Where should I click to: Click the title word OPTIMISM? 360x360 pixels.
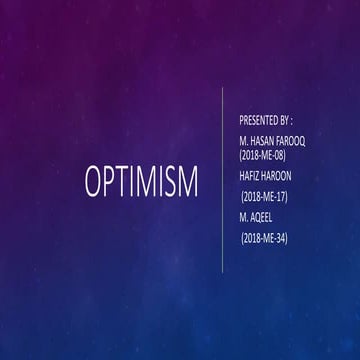(x=141, y=183)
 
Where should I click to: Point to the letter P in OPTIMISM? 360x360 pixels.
(x=113, y=183)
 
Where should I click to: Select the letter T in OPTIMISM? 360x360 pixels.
(x=127, y=183)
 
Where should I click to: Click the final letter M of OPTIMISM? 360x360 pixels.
(x=188, y=183)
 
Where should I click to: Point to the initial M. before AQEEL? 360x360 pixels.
(x=244, y=216)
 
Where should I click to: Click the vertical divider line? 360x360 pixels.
(x=221, y=180)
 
